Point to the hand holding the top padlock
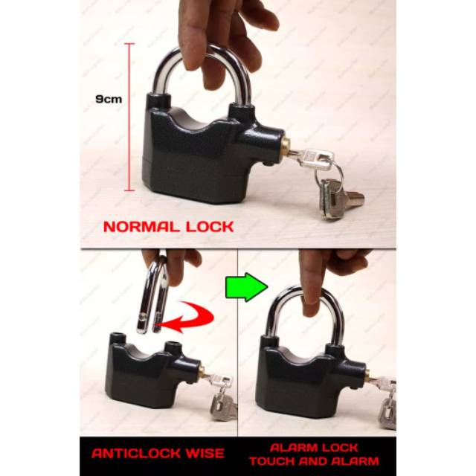216,30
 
